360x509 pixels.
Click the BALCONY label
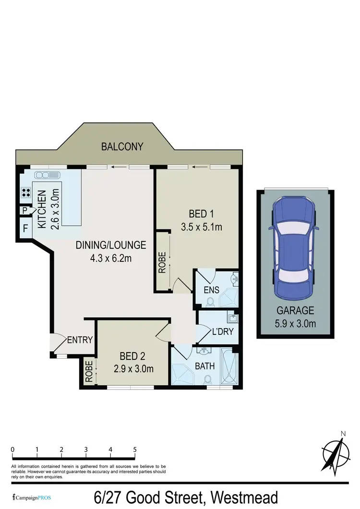tap(122, 147)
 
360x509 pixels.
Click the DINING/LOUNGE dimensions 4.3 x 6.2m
tap(110, 258)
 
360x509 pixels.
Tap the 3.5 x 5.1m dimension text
tap(201, 226)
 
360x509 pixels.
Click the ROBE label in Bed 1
tap(163, 262)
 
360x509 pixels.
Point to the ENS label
tap(211, 290)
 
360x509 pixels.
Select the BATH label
tap(204, 367)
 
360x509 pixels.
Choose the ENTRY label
tap(80, 340)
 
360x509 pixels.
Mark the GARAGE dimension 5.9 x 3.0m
tap(295, 323)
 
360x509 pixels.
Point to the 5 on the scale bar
tap(135, 450)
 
